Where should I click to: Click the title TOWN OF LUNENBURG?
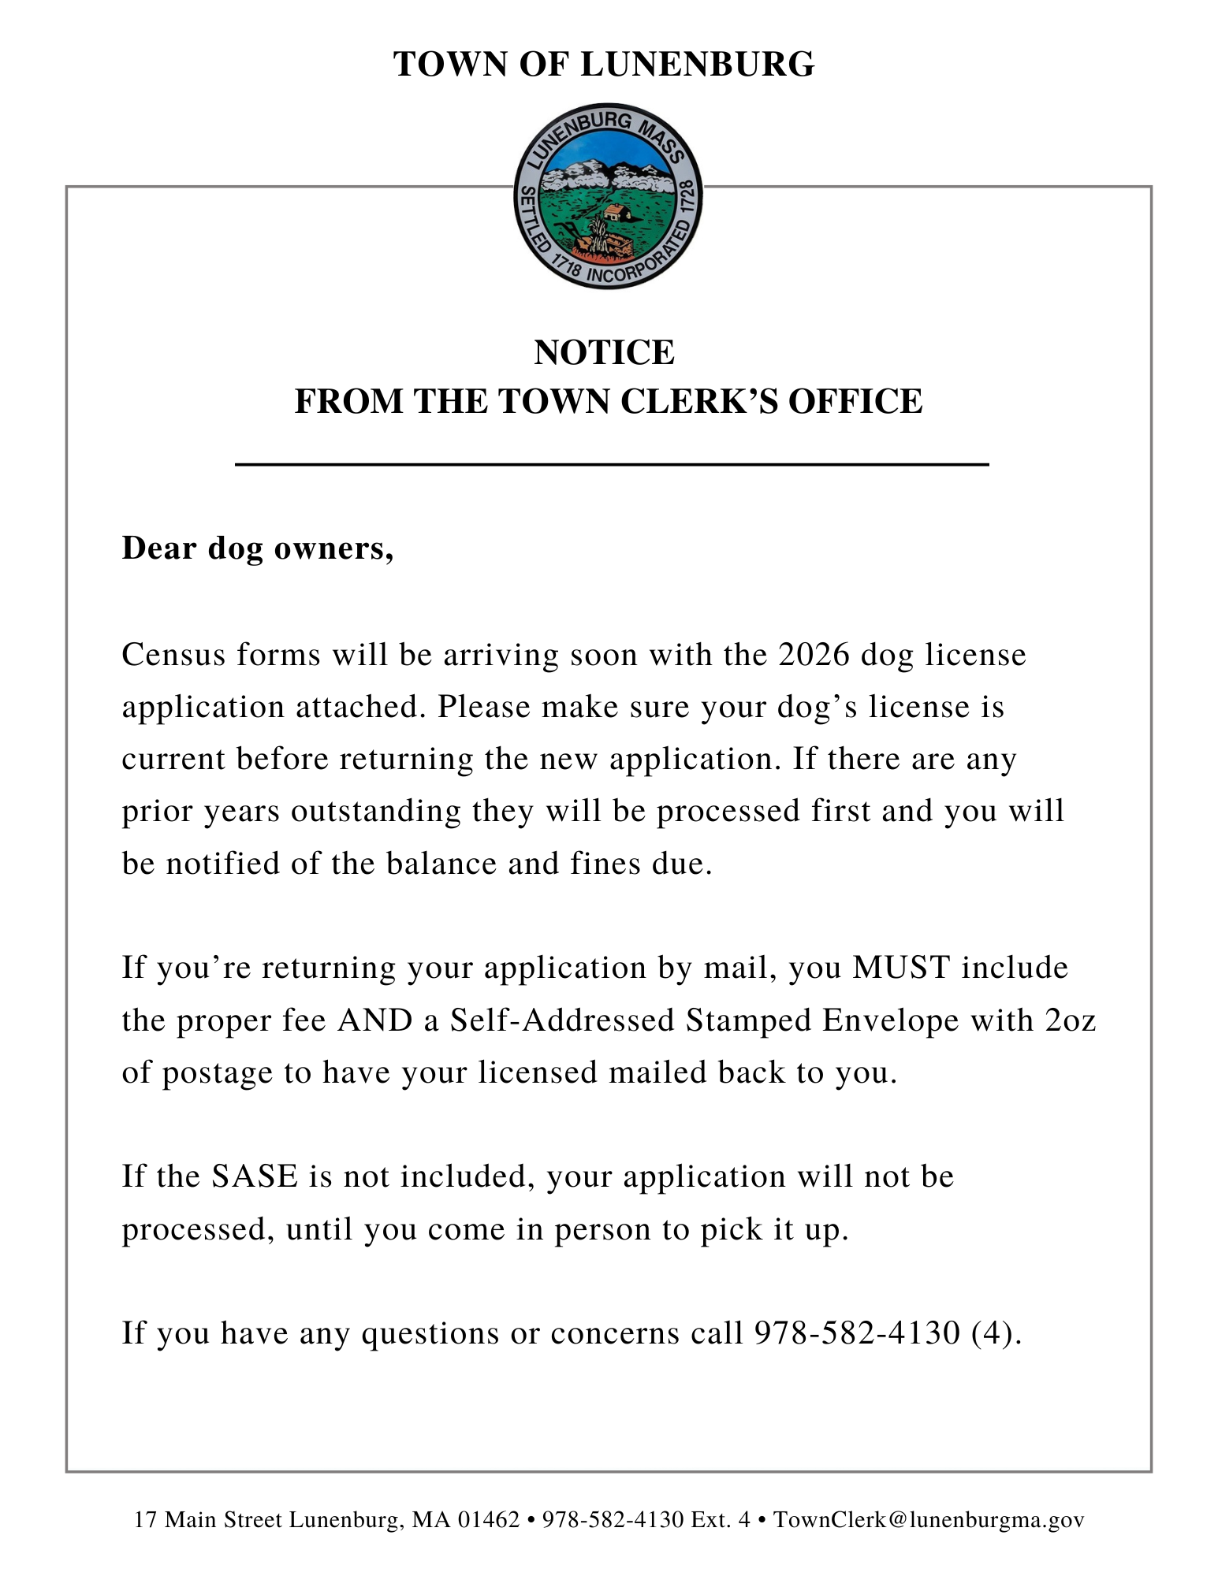click(x=604, y=65)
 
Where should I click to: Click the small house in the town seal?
click(x=616, y=213)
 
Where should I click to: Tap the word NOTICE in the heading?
click(x=604, y=352)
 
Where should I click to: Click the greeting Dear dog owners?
click(x=257, y=548)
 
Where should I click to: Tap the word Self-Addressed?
click(x=562, y=1020)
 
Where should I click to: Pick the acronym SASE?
click(x=255, y=1176)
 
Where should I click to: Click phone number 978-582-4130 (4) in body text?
click(x=887, y=1333)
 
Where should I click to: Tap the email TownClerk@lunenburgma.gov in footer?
click(x=928, y=1520)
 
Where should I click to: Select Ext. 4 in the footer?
click(x=721, y=1520)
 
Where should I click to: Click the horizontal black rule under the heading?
click(x=612, y=465)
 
